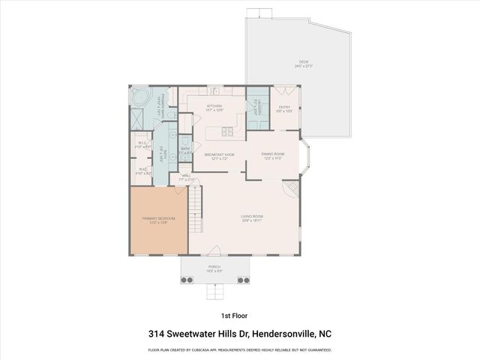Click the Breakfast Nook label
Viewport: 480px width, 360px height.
pos(219,156)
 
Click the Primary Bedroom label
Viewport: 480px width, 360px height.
pos(158,220)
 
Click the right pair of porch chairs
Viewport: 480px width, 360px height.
pos(243,280)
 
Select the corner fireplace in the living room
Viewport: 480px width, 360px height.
pos(291,187)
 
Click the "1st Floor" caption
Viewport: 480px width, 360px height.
pos(233,316)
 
